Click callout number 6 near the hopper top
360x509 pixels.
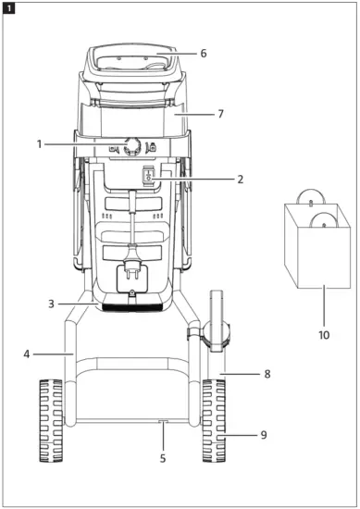(x=203, y=54)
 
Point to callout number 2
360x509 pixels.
(x=240, y=179)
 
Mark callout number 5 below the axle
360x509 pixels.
(x=164, y=456)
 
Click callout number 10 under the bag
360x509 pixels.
(x=323, y=328)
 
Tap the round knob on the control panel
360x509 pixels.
(x=130, y=144)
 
